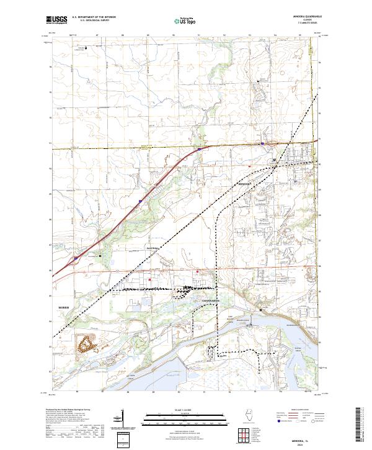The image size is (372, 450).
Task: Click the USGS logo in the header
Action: click(56, 20)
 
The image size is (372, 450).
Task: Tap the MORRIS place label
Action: click(66, 307)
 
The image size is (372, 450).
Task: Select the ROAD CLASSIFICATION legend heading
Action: click(297, 410)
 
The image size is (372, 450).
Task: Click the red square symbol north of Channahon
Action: click(197, 272)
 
